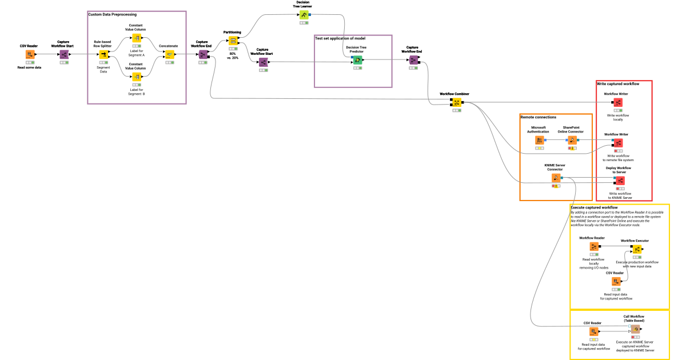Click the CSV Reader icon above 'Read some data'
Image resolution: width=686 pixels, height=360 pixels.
[30, 54]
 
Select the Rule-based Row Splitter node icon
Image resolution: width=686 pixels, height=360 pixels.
[103, 54]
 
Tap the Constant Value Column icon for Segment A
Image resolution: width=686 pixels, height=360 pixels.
[137, 38]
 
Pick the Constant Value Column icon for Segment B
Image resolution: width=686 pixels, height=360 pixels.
[137, 77]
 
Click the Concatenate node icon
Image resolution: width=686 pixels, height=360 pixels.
[169, 54]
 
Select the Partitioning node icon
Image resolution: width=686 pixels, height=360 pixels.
[233, 41]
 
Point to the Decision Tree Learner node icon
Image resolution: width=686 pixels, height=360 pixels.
[304, 14]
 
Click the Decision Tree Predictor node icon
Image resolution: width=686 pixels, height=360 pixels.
[357, 60]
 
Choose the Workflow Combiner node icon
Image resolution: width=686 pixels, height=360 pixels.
[456, 102]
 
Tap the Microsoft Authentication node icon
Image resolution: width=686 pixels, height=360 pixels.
[539, 140]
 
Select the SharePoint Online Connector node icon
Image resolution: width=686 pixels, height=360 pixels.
[572, 140]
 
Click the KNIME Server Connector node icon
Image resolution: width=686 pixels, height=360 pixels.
[556, 178]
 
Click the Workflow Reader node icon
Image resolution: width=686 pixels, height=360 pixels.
[593, 246]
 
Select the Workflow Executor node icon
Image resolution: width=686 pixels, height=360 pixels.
[636, 249]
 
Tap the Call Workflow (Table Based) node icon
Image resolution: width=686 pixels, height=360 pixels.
[635, 329]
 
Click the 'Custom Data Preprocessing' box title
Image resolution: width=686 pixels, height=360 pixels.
[112, 14]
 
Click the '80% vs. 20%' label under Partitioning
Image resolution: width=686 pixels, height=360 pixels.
[233, 55]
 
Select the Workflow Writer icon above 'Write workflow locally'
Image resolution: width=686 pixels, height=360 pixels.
[618, 102]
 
